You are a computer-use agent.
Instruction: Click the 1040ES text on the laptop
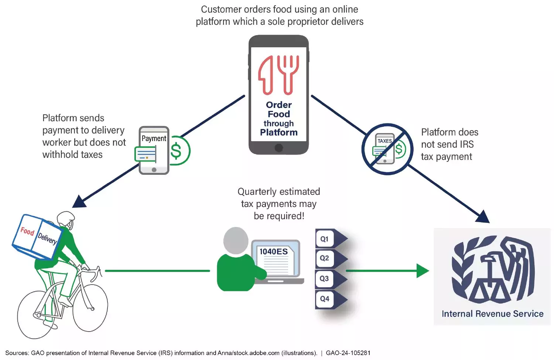click(x=273, y=252)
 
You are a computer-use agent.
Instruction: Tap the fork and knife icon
click(x=278, y=75)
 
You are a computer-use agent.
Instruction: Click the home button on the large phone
click(x=279, y=148)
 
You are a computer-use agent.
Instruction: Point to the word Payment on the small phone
click(x=154, y=138)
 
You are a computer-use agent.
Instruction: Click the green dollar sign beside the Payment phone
click(x=177, y=151)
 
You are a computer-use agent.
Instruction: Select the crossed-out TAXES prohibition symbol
click(x=387, y=149)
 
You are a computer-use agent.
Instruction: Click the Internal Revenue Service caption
click(x=492, y=314)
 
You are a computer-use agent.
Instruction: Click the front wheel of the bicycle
click(x=90, y=308)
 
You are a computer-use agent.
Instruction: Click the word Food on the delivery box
click(x=27, y=231)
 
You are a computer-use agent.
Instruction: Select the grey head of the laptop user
click(x=236, y=240)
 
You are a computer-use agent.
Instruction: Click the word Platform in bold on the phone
click(x=278, y=132)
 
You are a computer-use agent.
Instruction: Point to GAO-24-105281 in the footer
click(x=348, y=353)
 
